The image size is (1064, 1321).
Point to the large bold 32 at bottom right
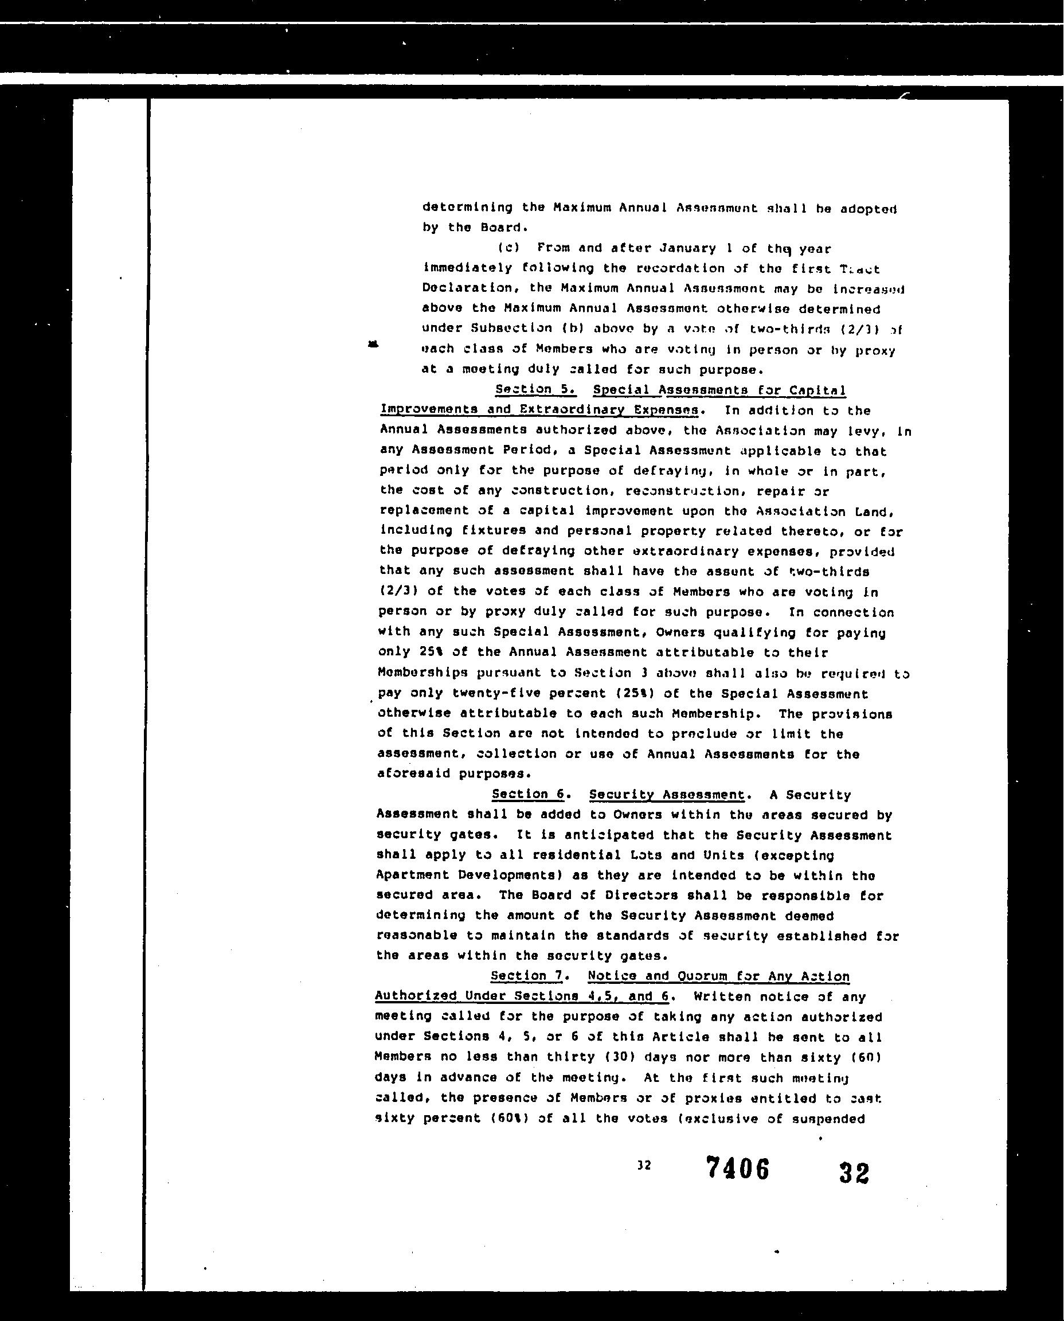[x=853, y=1173]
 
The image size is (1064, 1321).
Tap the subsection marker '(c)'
[x=508, y=248]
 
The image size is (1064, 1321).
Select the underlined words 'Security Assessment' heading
[x=667, y=795]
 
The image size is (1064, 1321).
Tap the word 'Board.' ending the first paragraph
[x=504, y=228]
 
